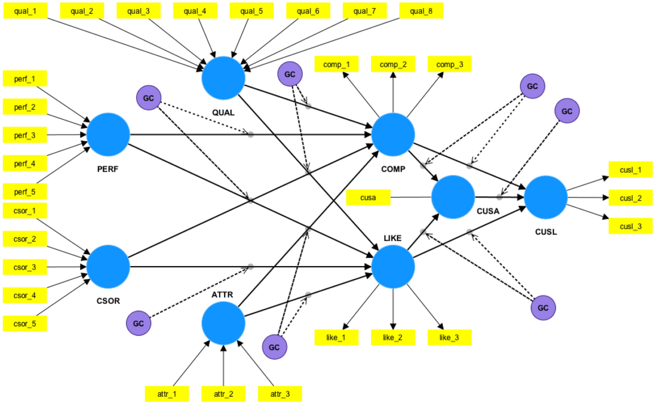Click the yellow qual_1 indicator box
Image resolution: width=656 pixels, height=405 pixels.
pyautogui.click(x=26, y=10)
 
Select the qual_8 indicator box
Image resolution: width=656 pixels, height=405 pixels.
pyautogui.click(x=421, y=10)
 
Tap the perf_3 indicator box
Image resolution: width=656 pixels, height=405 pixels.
pyautogui.click(x=25, y=134)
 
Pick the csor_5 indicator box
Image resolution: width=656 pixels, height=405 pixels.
pyautogui.click(x=25, y=324)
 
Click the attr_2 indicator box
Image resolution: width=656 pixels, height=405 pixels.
pyautogui.click(x=223, y=394)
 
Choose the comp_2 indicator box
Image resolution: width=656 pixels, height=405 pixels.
pyautogui.click(x=393, y=64)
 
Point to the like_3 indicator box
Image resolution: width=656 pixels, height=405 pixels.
pyautogui.click(x=449, y=337)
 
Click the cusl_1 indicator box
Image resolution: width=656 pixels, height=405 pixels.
pyautogui.click(x=630, y=169)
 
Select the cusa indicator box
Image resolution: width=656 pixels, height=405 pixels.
pyautogui.click(x=369, y=197)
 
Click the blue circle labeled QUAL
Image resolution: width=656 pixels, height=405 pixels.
pyautogui.click(x=223, y=78)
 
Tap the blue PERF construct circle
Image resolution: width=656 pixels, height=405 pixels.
pyautogui.click(x=108, y=134)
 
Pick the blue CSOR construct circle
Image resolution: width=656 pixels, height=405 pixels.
pyautogui.click(x=108, y=267)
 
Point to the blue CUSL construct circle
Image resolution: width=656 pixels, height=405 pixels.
pyautogui.click(x=546, y=197)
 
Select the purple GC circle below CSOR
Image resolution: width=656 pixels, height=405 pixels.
pyautogui.click(x=139, y=323)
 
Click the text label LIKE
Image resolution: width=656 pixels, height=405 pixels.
pyautogui.click(x=393, y=238)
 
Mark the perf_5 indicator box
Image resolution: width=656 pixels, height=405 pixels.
pyautogui.click(x=25, y=191)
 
